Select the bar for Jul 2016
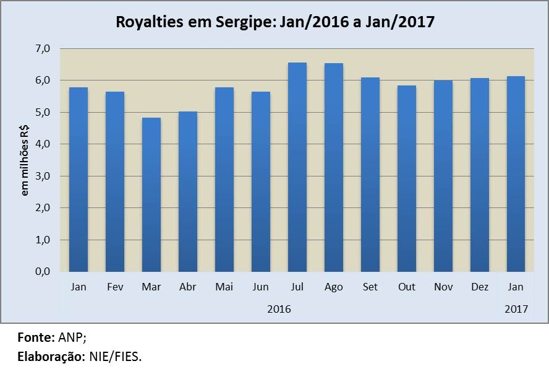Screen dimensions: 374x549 pos(297,167)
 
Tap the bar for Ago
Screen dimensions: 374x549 pos(333,167)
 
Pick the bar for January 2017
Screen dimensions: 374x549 pos(516,174)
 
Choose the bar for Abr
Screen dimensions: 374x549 pos(187,191)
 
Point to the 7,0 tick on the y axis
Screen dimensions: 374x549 pos(49,48)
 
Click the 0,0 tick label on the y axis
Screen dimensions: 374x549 pos(49,271)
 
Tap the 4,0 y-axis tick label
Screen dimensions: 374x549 pos(49,144)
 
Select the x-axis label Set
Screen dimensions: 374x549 pos(370,287)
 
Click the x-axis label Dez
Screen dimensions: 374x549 pos(480,287)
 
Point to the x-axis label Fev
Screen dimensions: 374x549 pos(115,287)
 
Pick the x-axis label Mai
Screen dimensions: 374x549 pos(224,287)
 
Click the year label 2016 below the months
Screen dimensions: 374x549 pos(279,308)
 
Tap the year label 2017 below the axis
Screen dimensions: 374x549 pos(516,308)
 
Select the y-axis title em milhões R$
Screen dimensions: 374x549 pos(25,160)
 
